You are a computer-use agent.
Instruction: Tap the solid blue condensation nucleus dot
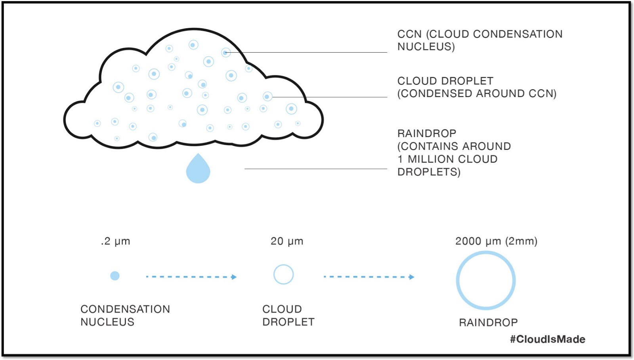[x=115, y=276]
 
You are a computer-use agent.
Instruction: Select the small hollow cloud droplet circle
[x=283, y=274]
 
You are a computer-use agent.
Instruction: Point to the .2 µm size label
[x=115, y=241]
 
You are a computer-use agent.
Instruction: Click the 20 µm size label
[x=287, y=241]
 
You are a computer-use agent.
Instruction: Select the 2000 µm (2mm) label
[x=496, y=241]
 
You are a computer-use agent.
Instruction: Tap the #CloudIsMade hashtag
[x=547, y=339]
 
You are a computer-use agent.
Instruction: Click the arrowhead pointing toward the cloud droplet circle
[x=234, y=277]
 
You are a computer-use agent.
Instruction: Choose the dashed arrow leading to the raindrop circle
[x=369, y=277]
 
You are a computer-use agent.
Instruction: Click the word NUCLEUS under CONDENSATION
[x=107, y=322]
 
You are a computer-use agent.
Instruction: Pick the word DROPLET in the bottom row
[x=288, y=322]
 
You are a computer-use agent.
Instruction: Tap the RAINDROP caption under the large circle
[x=488, y=322]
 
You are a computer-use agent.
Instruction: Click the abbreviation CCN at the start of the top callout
[x=409, y=34]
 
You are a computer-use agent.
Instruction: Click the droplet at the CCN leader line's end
[x=226, y=52]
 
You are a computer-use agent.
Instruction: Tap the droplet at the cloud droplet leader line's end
[x=267, y=96]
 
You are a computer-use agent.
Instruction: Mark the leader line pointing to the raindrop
[x=315, y=169]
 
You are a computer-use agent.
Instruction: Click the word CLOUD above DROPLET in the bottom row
[x=282, y=309]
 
